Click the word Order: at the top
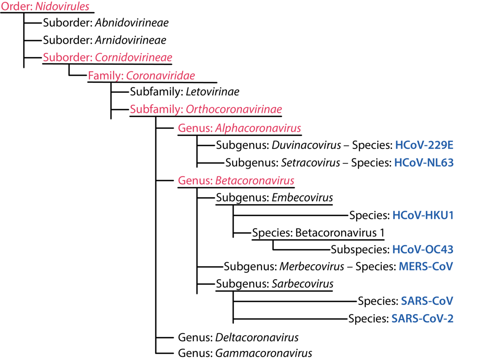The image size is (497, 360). pyautogui.click(x=17, y=7)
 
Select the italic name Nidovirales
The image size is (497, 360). pyautogui.click(x=62, y=7)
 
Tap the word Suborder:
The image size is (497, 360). pyautogui.click(x=68, y=57)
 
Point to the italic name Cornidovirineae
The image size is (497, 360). pyautogui.click(x=133, y=57)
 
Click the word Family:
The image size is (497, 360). pyautogui.click(x=106, y=76)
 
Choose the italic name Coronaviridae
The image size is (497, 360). pyautogui.click(x=160, y=76)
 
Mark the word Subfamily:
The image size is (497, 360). pyautogui.click(x=156, y=110)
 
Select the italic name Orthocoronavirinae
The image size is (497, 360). pyautogui.click(x=233, y=110)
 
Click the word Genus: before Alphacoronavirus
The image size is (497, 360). pyautogui.click(x=195, y=128)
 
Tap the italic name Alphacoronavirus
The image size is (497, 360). pyautogui.click(x=258, y=128)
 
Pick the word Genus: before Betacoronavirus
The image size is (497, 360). pyautogui.click(x=195, y=181)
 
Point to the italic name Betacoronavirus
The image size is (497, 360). pyautogui.click(x=254, y=181)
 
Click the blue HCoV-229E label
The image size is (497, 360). pyautogui.click(x=424, y=145)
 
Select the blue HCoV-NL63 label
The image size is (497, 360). pyautogui.click(x=424, y=163)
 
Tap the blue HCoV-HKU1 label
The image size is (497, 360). pyautogui.click(x=423, y=215)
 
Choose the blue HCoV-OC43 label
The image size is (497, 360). pyautogui.click(x=422, y=249)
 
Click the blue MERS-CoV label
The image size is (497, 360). pyautogui.click(x=426, y=266)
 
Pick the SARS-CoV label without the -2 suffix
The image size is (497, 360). pyautogui.click(x=427, y=301)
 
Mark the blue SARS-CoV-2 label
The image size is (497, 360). pyautogui.click(x=422, y=318)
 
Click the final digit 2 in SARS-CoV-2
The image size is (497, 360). pyautogui.click(x=450, y=318)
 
